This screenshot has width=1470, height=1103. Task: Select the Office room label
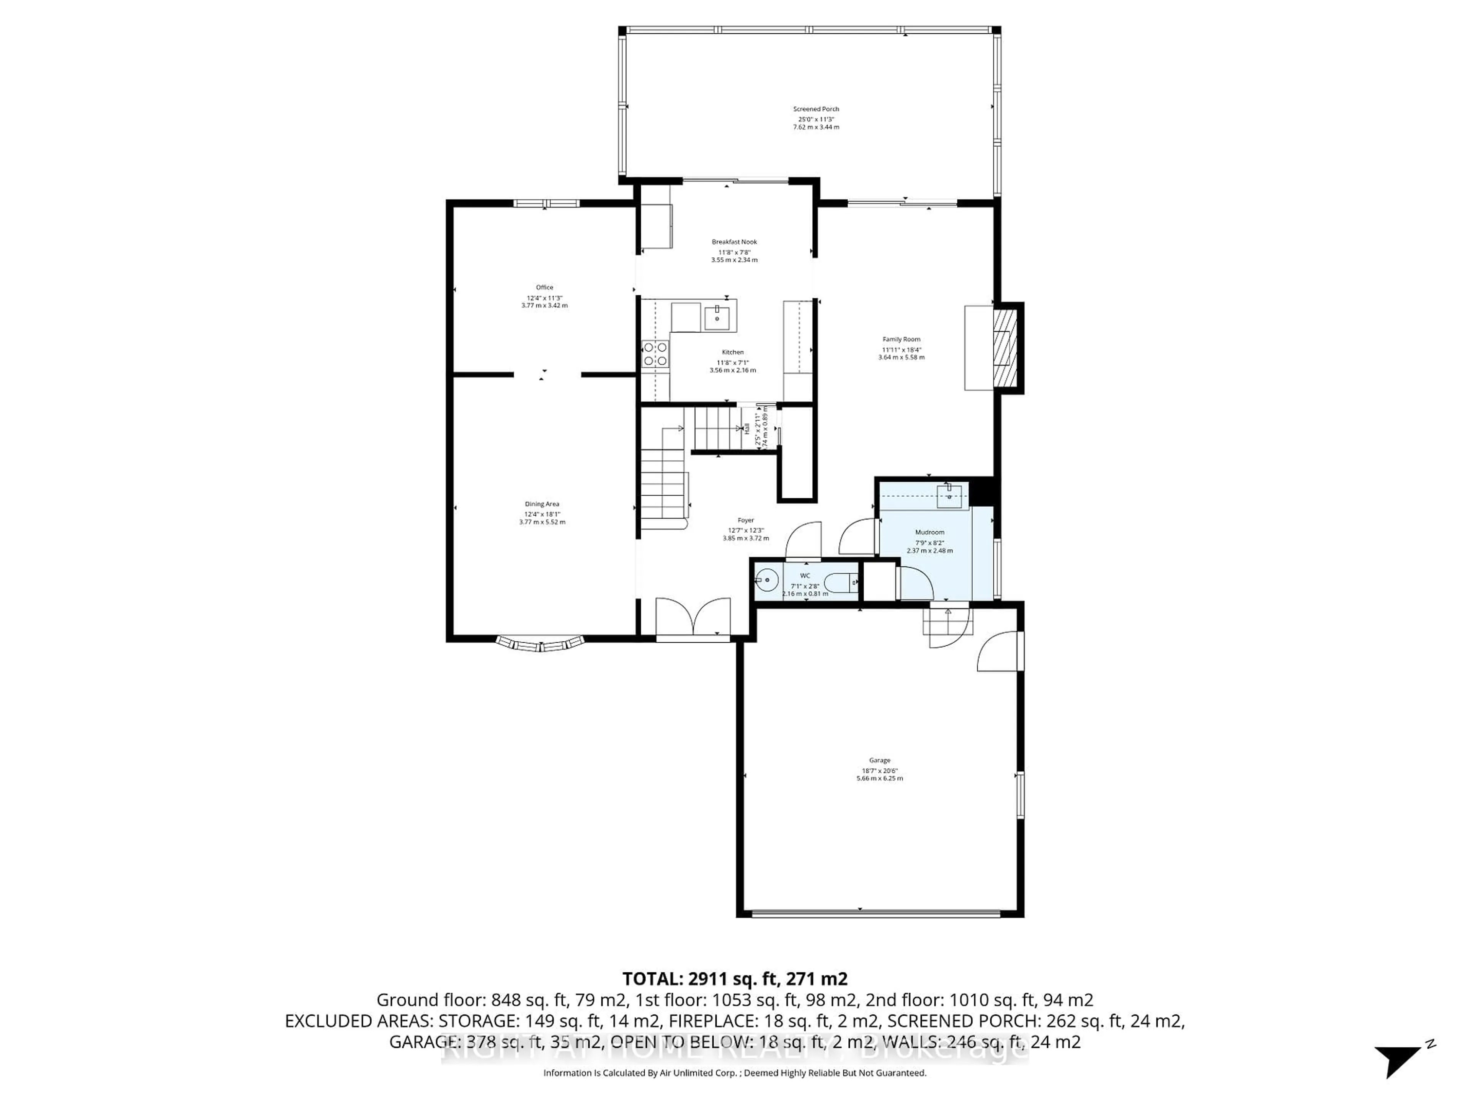click(x=544, y=287)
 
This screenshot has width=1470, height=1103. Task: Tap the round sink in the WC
click(x=766, y=581)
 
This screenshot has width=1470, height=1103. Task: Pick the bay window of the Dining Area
click(x=540, y=644)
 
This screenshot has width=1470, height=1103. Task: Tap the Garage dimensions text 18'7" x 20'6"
click(x=879, y=771)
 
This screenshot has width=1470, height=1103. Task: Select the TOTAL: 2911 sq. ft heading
click(x=734, y=979)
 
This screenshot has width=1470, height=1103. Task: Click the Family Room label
click(x=901, y=339)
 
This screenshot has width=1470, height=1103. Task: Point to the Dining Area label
click(x=542, y=504)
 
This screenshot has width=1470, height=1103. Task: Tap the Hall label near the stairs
click(x=746, y=429)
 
